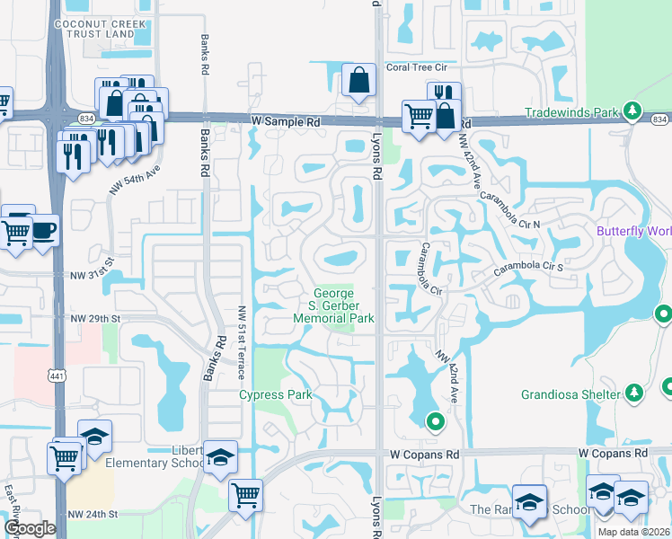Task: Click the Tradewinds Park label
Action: (572, 112)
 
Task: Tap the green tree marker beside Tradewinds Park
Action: (632, 111)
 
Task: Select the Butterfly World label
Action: (634, 231)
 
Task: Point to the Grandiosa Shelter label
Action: (570, 394)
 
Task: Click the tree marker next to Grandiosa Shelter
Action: (634, 393)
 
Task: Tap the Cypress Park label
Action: (274, 395)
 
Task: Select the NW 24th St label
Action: (93, 515)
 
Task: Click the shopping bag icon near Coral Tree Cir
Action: (358, 80)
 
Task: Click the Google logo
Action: (30, 528)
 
